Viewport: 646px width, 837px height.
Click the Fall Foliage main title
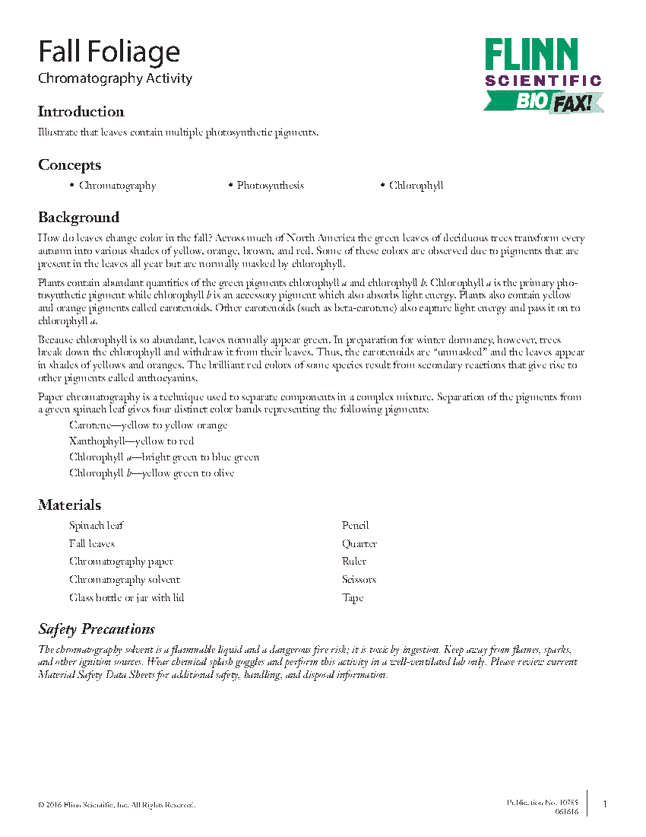tap(109, 53)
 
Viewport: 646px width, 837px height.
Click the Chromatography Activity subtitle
tap(115, 78)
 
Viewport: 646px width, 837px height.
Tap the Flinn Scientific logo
tap(543, 75)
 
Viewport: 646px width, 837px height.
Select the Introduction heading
tap(81, 112)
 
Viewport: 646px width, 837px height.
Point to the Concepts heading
tap(69, 165)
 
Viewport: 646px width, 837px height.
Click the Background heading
tap(78, 218)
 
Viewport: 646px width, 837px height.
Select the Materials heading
tap(69, 505)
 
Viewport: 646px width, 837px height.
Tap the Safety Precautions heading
tap(97, 629)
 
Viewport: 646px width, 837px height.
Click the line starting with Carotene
tap(148, 425)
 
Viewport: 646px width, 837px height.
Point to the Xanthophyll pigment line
tap(131, 441)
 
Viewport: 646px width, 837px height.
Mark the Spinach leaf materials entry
tap(97, 526)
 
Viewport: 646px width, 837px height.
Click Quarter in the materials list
tap(359, 544)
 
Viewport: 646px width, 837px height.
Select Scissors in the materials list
tap(359, 580)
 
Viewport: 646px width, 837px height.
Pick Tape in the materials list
tap(353, 598)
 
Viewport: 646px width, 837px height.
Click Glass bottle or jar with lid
tap(126, 598)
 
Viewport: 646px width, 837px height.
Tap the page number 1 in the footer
tap(605, 804)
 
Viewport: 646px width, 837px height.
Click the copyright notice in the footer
tap(116, 804)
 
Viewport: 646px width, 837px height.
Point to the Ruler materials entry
tap(354, 562)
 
